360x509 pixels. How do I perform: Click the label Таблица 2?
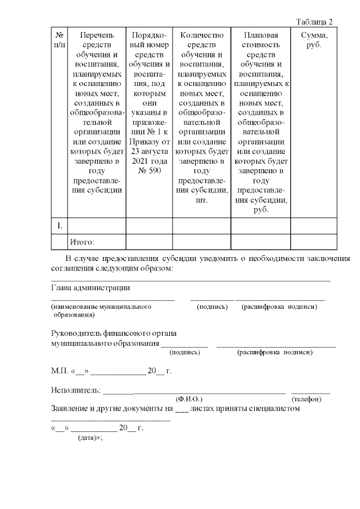[x=314, y=21]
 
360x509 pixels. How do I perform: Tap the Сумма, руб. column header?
[x=313, y=40]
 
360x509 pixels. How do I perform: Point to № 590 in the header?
[x=149, y=170]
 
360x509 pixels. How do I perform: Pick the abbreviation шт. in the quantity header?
[x=201, y=200]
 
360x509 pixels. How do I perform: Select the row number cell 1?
[x=58, y=226]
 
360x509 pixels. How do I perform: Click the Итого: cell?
[x=82, y=242]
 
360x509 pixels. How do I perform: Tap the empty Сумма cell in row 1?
[x=313, y=226]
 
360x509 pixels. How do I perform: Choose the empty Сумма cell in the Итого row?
[x=313, y=242]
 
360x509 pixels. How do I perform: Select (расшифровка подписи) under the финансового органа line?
[x=275, y=352]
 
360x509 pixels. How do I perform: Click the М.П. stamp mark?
[x=58, y=372]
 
